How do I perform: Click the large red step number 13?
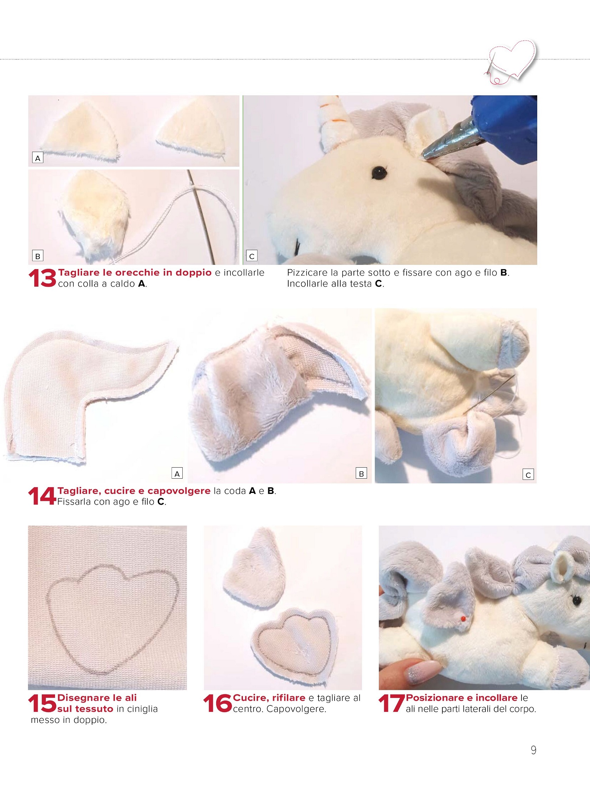point(42,278)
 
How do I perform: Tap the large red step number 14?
point(42,496)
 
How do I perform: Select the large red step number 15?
point(42,704)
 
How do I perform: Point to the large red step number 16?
point(218,704)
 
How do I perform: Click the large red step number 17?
point(392,704)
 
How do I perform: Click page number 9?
point(534,750)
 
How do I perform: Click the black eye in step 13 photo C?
point(377,173)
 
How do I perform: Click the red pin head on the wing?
point(463,618)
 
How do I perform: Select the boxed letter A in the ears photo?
point(38,158)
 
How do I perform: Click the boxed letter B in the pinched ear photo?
point(38,256)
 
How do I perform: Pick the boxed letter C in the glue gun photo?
point(252,256)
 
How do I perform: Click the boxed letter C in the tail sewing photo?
point(528,475)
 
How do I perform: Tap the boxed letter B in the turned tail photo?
point(361,474)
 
